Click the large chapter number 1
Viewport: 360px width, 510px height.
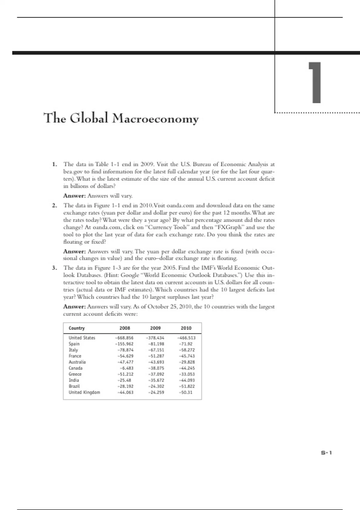pos(315,82)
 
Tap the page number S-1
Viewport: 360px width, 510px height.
pos(326,453)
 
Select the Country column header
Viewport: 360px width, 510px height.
pos(76,328)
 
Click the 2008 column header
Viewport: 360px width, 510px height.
pos(125,328)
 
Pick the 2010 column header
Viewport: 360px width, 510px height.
pos(186,328)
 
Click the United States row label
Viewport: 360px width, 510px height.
pos(82,338)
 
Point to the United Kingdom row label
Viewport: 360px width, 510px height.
pos(84,392)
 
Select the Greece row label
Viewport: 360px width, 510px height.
pos(75,374)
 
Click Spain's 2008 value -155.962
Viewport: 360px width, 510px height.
pos(124,344)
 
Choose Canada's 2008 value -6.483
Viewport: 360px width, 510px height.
pos(126,368)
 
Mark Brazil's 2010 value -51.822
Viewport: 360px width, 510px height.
pos(187,386)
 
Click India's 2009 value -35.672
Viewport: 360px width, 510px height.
pos(156,380)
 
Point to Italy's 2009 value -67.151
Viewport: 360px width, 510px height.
pos(156,350)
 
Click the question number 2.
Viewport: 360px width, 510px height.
pos(54,205)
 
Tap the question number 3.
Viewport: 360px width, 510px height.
pos(54,268)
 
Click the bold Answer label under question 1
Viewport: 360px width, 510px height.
pos(74,196)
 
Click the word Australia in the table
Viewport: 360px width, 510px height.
pos(77,362)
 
